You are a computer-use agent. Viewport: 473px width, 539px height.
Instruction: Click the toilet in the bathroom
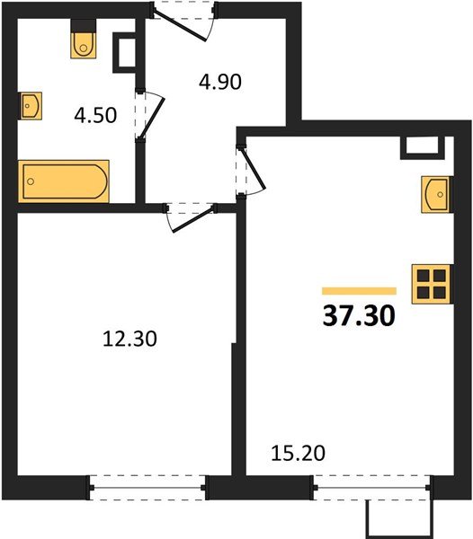(82, 42)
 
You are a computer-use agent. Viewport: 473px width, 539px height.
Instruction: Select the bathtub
(65, 181)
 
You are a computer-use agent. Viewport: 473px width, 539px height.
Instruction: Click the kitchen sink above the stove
(434, 193)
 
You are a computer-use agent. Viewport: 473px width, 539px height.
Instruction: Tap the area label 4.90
(219, 83)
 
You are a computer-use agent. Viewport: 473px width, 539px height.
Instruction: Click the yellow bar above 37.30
(359, 291)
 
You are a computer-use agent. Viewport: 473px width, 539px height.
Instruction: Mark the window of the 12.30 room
(148, 489)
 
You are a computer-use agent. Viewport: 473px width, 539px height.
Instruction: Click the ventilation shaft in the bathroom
(124, 53)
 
